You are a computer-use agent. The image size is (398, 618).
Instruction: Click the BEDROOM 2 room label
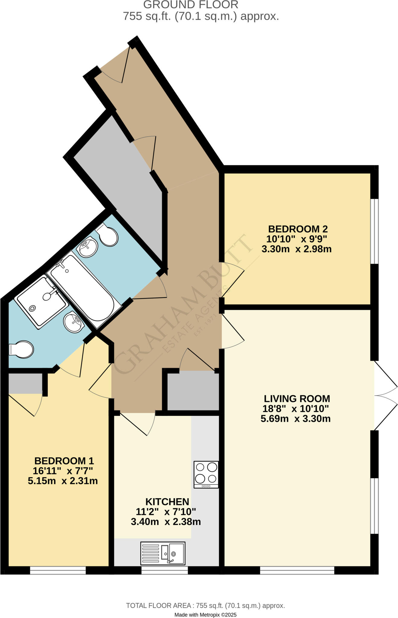(x=298, y=229)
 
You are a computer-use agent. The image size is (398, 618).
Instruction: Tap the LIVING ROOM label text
(x=297, y=399)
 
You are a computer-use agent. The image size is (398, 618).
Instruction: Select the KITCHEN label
(x=167, y=502)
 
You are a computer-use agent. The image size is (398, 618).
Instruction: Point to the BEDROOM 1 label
(x=64, y=461)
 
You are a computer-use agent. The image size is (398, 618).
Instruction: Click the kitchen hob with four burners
(x=206, y=474)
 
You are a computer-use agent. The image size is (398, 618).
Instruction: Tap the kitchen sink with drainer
(x=162, y=553)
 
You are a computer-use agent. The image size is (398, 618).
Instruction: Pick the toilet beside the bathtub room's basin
(x=107, y=235)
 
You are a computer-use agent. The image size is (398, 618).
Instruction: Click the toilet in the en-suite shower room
(x=22, y=349)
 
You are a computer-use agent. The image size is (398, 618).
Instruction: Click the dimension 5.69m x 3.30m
(x=295, y=419)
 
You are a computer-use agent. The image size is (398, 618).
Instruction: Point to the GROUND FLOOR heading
(x=191, y=5)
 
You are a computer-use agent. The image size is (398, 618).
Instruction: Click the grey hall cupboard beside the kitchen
(x=193, y=390)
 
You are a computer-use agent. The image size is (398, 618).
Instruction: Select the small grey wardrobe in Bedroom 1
(x=25, y=383)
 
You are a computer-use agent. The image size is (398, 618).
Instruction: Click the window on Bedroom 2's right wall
(x=374, y=231)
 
